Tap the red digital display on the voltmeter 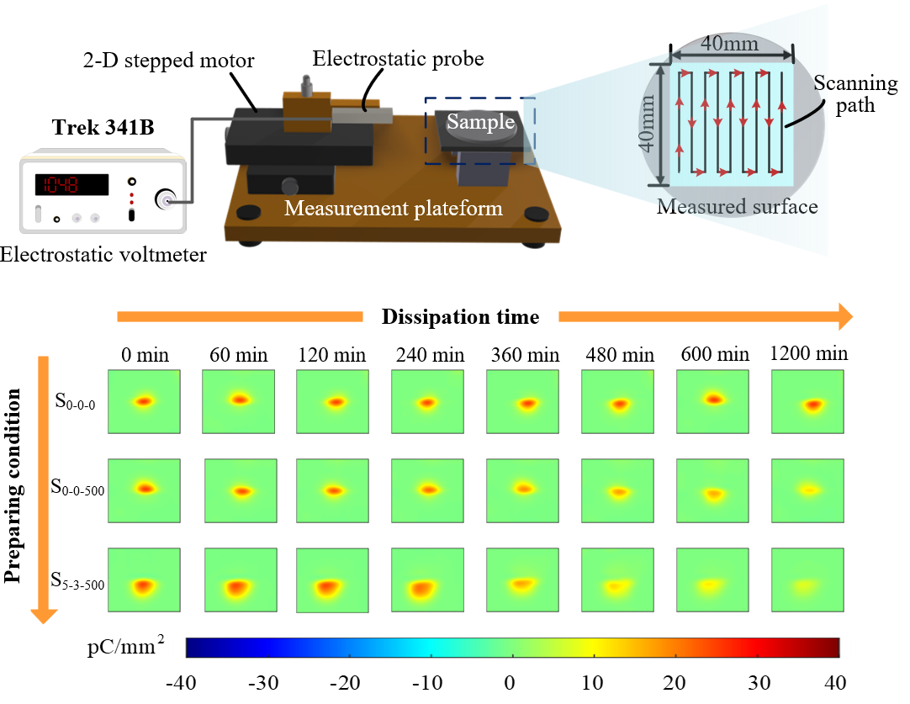71,184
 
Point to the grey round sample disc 480,123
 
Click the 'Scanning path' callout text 855,94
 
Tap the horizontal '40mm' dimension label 730,43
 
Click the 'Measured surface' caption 737,206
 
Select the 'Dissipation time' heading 460,317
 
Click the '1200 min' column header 808,354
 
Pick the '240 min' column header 427,355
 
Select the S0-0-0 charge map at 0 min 144,401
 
